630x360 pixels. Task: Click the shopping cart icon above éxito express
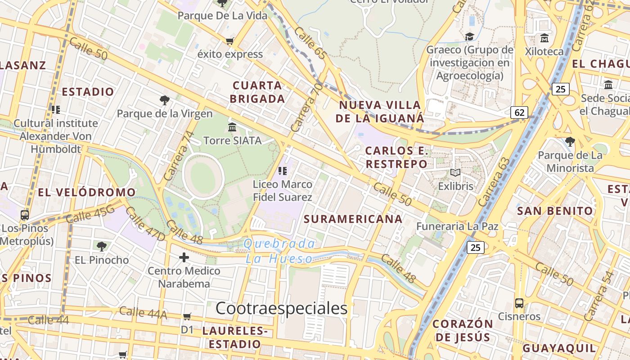point(230,41)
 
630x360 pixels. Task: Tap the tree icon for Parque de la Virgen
point(165,100)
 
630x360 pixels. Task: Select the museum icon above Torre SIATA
point(232,127)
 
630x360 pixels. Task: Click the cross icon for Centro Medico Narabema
point(184,257)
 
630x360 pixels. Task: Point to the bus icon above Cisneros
point(519,303)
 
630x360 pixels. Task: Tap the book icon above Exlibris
point(455,172)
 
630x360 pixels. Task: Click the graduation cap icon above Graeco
point(469,36)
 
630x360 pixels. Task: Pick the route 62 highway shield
point(519,112)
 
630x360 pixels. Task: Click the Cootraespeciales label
point(282,308)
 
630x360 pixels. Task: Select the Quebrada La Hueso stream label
point(279,251)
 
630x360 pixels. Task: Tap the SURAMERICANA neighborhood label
point(353,219)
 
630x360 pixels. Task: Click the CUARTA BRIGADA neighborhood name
point(258,92)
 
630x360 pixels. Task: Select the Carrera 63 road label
point(495,181)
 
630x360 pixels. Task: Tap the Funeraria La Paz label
point(457,226)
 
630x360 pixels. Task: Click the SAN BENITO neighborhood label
point(555,211)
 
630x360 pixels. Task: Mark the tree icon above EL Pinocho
point(102,246)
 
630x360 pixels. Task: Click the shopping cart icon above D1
point(187,316)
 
